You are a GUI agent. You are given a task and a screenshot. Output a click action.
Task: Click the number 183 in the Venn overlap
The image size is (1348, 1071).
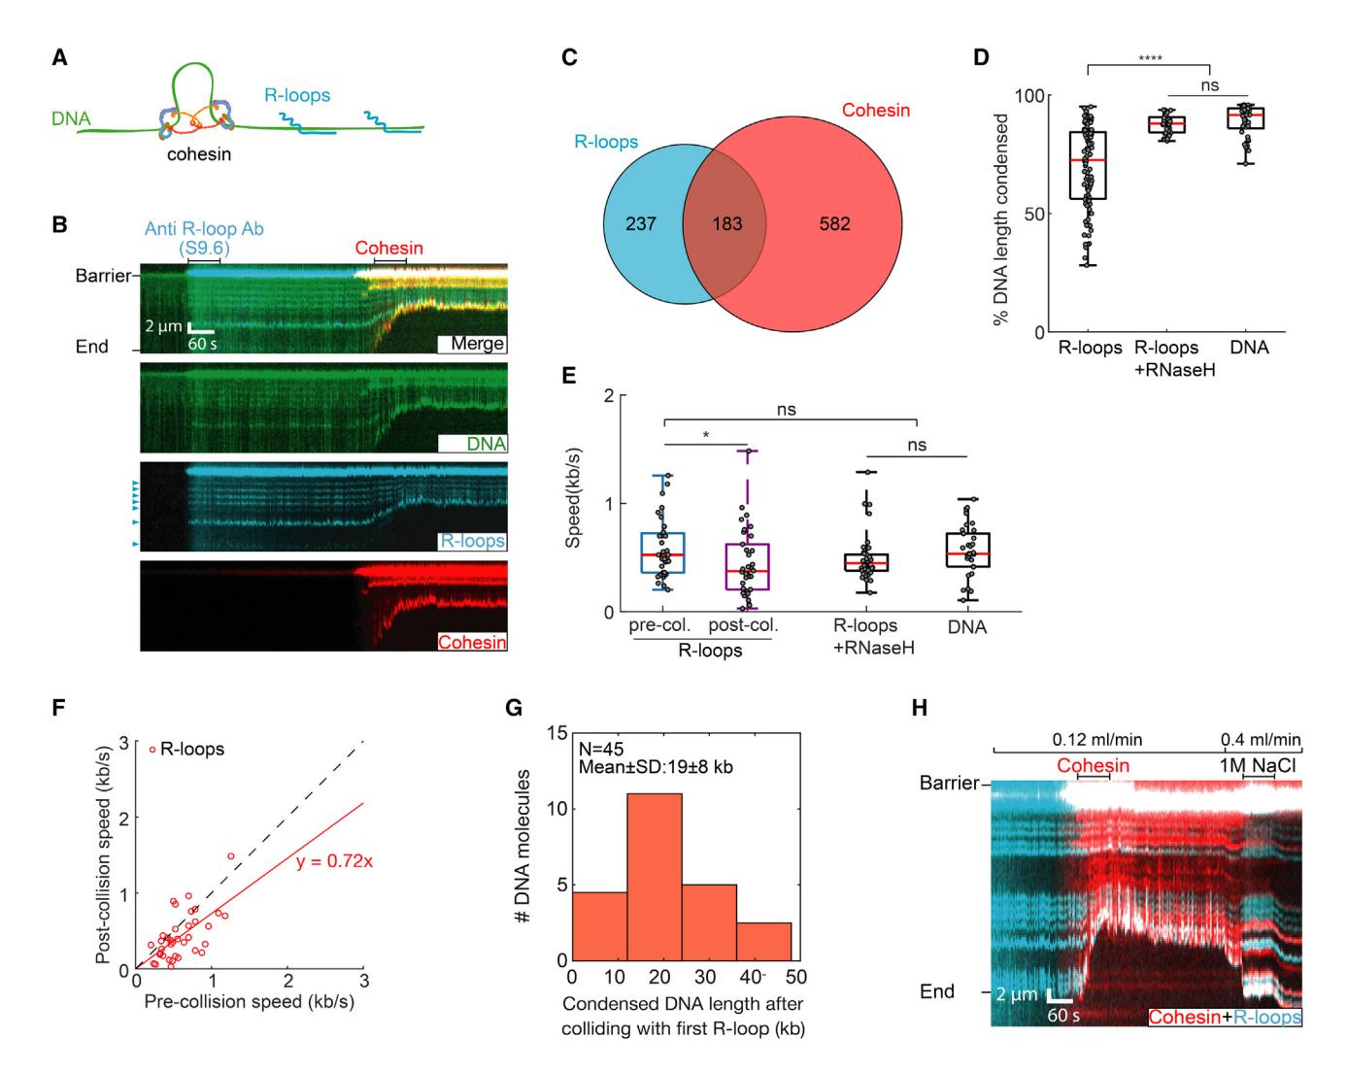pyautogui.click(x=727, y=224)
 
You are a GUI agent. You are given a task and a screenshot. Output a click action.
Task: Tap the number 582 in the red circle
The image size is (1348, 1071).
pyautogui.click(x=834, y=224)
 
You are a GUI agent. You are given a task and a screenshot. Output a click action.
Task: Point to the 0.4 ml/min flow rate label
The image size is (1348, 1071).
pyautogui.click(x=1262, y=740)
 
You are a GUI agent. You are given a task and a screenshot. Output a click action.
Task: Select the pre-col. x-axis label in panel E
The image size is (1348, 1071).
pyautogui.click(x=658, y=626)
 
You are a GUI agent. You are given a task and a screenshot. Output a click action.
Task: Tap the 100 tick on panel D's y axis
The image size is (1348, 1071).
pyautogui.click(x=1029, y=96)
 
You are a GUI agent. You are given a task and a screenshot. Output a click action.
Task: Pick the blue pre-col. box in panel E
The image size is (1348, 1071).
pyautogui.click(x=662, y=552)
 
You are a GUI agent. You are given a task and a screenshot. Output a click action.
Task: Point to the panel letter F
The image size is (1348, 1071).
pyautogui.click(x=59, y=708)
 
